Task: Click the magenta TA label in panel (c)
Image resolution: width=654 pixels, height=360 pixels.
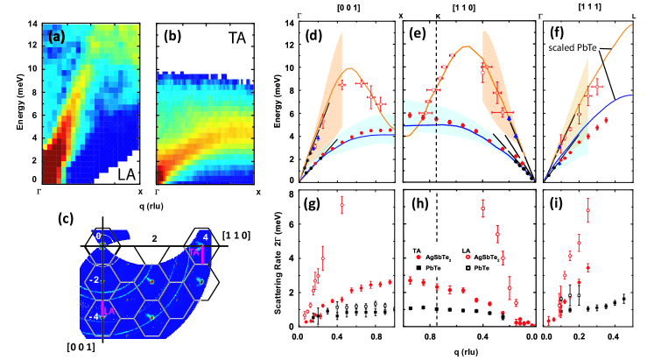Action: pos(194,251)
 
